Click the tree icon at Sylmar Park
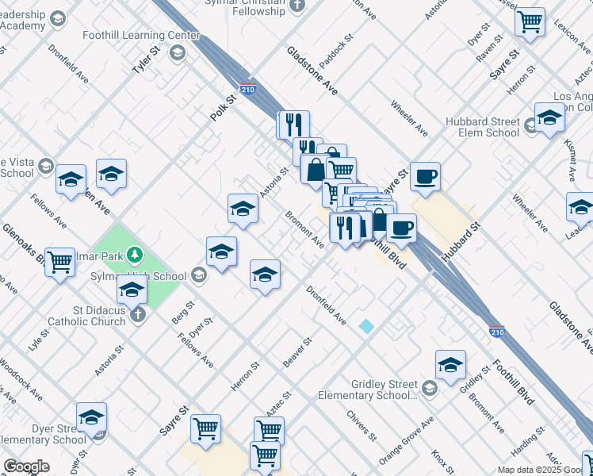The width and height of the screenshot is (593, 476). (x=136, y=254)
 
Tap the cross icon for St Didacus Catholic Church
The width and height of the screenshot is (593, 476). (x=138, y=315)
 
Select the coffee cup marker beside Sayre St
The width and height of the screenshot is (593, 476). (x=425, y=175)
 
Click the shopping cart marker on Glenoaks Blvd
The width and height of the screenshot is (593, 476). (x=60, y=261)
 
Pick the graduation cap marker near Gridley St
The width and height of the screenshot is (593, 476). (x=451, y=365)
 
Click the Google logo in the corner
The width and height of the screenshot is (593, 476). (x=26, y=466)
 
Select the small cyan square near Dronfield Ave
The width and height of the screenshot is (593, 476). (x=366, y=326)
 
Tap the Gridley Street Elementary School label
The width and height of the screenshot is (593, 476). (x=368, y=390)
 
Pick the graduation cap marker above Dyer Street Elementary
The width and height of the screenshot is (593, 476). (x=91, y=416)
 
